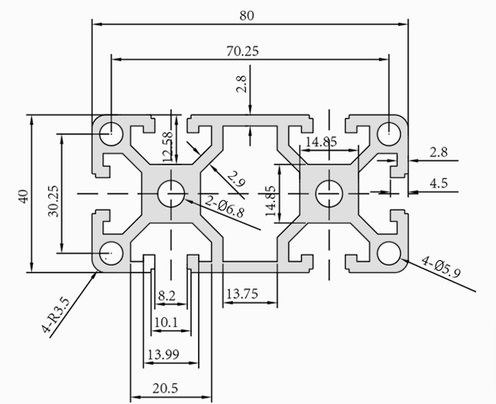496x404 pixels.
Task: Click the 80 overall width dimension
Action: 246,14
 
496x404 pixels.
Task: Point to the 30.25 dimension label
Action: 53,201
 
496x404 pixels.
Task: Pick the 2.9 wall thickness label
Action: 236,181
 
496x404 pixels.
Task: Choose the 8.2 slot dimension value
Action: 167,295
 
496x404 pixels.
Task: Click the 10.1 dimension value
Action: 166,323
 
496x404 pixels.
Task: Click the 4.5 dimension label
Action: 439,183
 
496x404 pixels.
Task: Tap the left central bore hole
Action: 172,194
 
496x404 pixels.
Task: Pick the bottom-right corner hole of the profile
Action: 389,252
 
